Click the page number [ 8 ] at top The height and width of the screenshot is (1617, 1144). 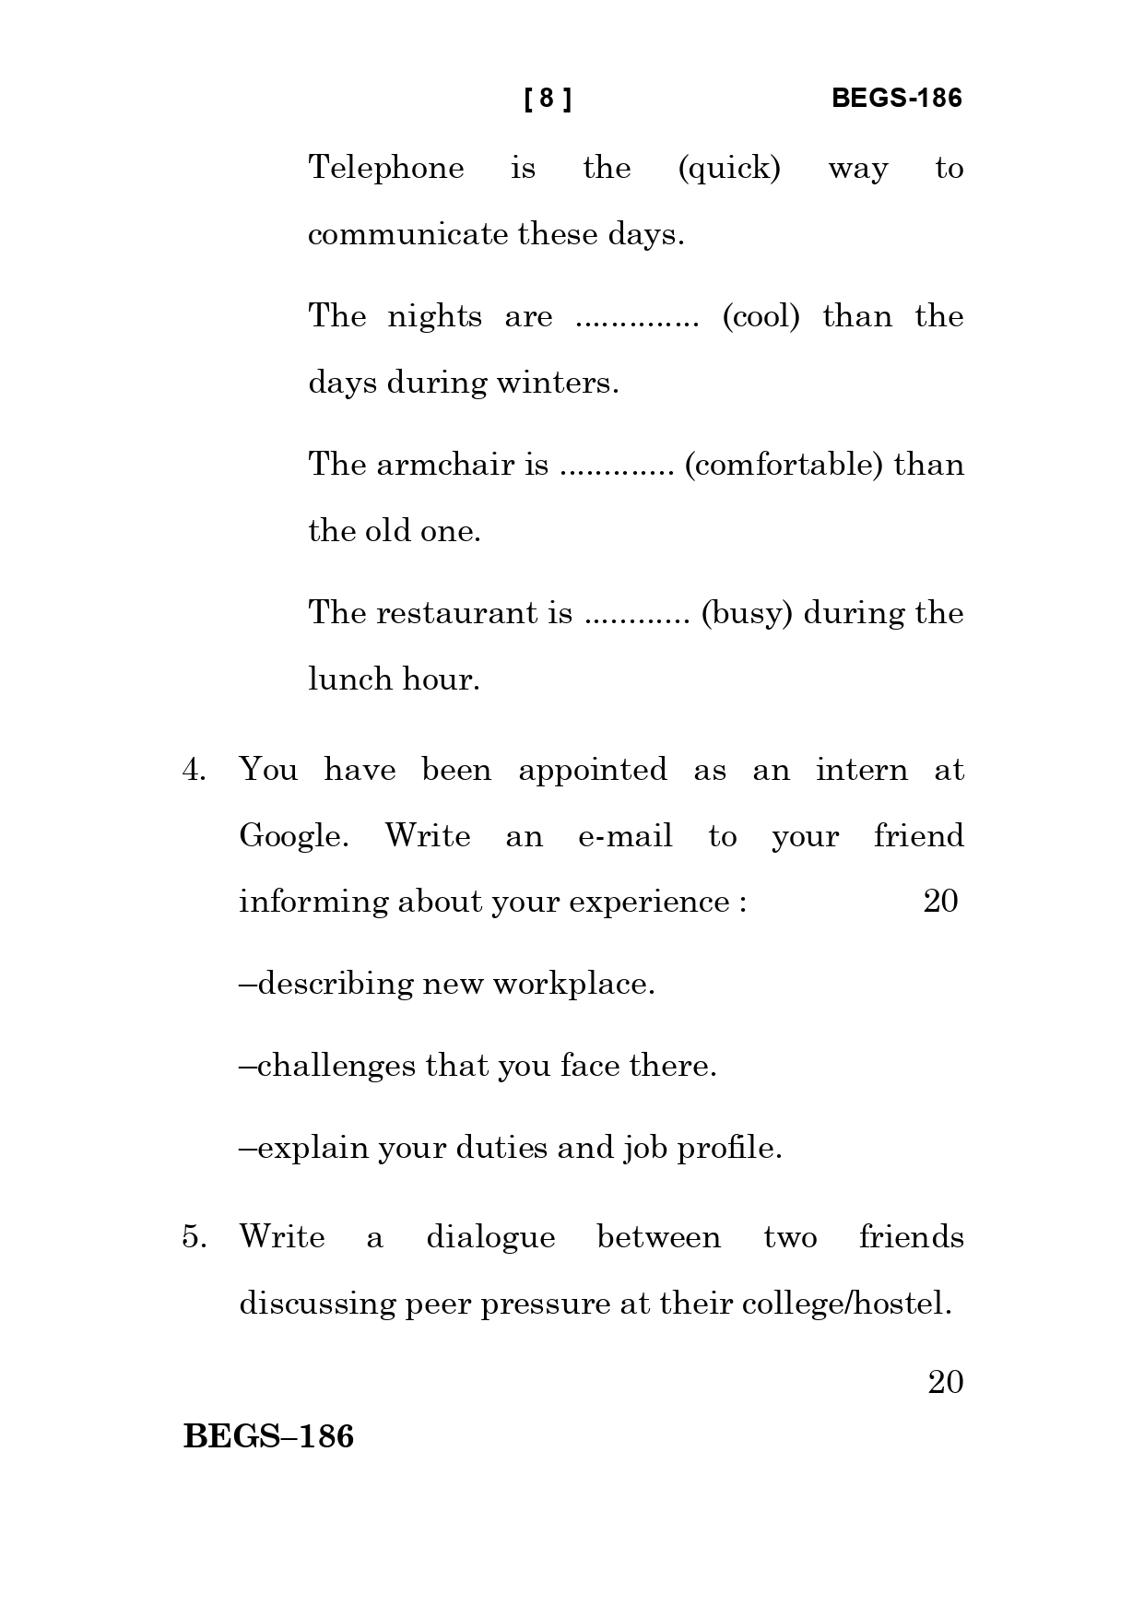(x=547, y=99)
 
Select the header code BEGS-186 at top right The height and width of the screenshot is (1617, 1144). (x=896, y=99)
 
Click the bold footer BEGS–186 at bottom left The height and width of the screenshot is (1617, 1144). (x=268, y=1436)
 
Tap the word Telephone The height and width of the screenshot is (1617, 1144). (x=386, y=168)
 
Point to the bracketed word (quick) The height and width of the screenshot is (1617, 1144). (x=729, y=169)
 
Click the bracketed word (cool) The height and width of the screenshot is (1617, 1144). (x=761, y=317)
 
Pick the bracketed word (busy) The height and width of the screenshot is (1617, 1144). (x=747, y=613)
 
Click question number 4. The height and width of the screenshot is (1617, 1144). (x=194, y=770)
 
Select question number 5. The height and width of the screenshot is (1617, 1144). (x=194, y=1236)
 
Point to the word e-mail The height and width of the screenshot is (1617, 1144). (x=625, y=836)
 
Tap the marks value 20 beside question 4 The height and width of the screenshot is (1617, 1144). (x=940, y=901)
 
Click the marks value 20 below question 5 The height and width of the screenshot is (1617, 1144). (x=945, y=1382)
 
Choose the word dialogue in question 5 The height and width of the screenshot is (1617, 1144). (x=490, y=1237)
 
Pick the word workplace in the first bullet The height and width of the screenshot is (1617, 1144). (x=573, y=985)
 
